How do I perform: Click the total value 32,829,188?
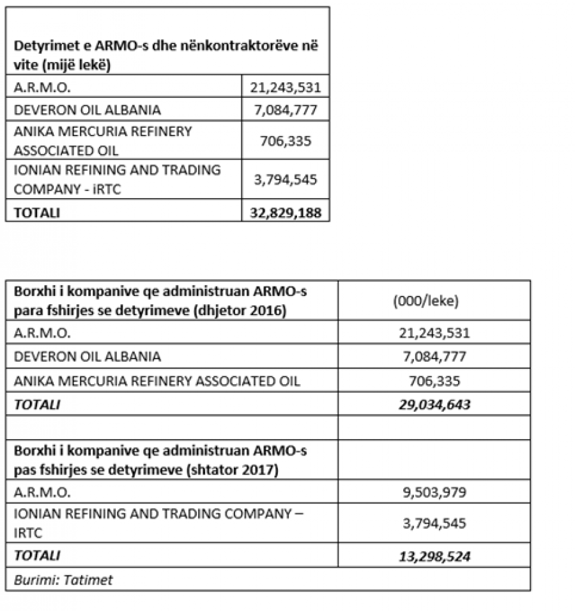[286, 212]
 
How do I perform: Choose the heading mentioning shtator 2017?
[160, 460]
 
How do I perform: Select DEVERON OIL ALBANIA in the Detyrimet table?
[87, 109]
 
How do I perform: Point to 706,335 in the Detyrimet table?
[286, 140]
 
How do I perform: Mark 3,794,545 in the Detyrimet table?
[286, 179]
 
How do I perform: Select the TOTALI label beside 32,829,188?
[37, 212]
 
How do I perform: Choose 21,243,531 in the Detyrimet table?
[286, 87]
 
